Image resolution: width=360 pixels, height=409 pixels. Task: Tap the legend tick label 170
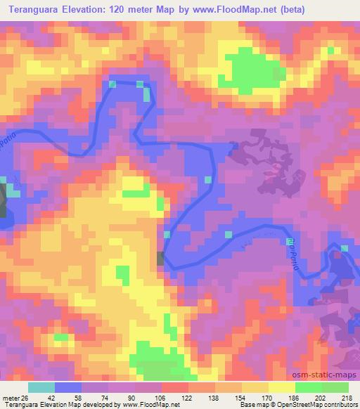pyautogui.click(x=267, y=397)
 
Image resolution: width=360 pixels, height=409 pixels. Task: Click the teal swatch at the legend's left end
pyautogui.click(x=41, y=387)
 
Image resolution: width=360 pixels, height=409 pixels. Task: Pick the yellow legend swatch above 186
pyautogui.click(x=281, y=387)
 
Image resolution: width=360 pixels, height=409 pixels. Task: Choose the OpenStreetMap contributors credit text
pyautogui.click(x=309, y=405)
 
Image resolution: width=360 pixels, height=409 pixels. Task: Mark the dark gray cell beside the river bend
pyautogui.click(x=161, y=259)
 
